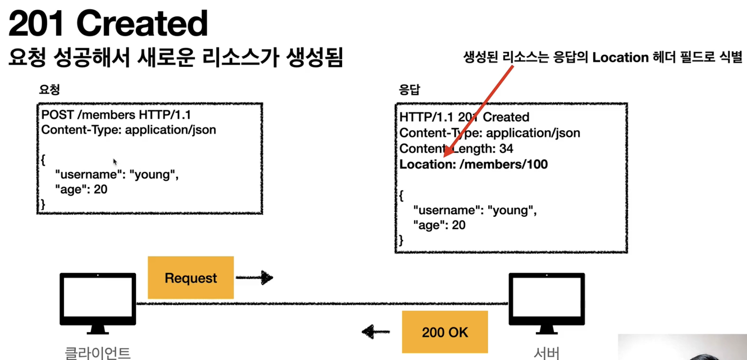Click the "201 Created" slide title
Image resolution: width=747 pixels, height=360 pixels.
(x=108, y=24)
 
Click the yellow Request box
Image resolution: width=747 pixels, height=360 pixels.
(x=191, y=278)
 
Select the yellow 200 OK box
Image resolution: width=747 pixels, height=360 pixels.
(x=445, y=332)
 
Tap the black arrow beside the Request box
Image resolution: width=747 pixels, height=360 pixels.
(x=255, y=278)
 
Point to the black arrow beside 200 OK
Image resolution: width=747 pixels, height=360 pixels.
(x=375, y=331)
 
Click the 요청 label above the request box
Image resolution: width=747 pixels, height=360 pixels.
(x=49, y=89)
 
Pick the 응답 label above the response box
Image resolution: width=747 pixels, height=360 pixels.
(x=409, y=89)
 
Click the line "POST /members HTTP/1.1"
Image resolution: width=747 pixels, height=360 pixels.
(x=116, y=115)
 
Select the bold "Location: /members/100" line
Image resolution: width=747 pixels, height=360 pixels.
(x=474, y=164)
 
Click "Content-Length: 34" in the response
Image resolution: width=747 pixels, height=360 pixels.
(x=456, y=149)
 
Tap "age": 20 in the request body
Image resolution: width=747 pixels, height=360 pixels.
(x=81, y=189)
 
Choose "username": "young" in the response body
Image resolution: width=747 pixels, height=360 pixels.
(x=474, y=210)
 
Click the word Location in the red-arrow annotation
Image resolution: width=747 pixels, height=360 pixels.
(x=620, y=58)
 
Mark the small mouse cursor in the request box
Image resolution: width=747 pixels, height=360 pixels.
(x=115, y=162)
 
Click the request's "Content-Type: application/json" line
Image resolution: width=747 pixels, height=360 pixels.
(x=129, y=130)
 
